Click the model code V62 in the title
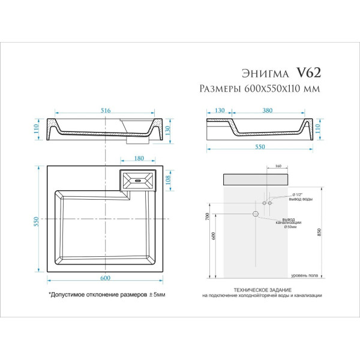coord(309,73)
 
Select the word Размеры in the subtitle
coord(219,89)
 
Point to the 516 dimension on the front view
coord(106,110)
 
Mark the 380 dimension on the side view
coord(268,110)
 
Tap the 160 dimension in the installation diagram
coord(278,166)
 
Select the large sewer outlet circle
coord(255,214)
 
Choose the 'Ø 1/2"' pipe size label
coord(296,194)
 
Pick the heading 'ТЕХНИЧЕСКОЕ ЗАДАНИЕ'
coord(262,289)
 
